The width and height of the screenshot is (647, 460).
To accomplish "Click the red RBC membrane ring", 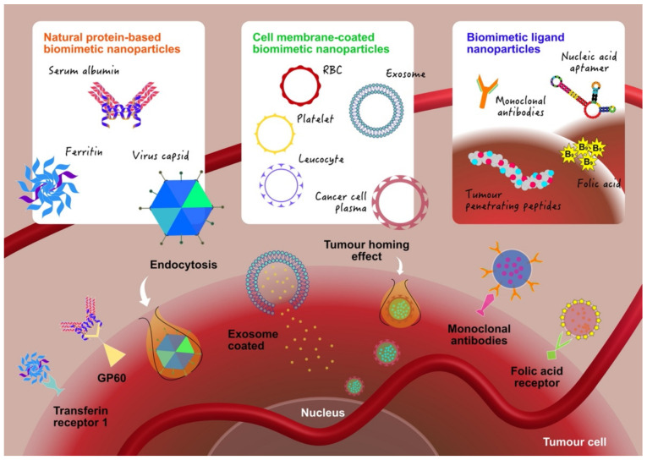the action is [281, 85].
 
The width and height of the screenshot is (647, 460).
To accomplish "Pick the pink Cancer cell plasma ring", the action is [375, 202].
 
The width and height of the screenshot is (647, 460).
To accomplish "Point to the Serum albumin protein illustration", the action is [123, 104].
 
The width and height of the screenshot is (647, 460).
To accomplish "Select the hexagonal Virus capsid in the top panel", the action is [182, 207].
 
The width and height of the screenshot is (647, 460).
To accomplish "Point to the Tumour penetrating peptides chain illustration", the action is [512, 168].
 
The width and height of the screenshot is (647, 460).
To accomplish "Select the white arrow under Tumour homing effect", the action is [399, 267].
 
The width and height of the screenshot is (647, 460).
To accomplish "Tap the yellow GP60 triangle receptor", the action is [113, 354].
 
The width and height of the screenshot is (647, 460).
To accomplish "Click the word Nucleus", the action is [323, 413].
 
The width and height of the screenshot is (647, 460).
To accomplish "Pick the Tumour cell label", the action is [574, 442].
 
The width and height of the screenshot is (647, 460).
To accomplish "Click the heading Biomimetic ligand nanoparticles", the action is [515, 43].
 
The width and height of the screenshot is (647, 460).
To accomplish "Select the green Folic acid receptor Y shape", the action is [557, 347].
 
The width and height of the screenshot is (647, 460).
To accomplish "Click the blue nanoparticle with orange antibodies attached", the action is [512, 269].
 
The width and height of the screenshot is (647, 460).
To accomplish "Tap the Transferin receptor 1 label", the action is [80, 417].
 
